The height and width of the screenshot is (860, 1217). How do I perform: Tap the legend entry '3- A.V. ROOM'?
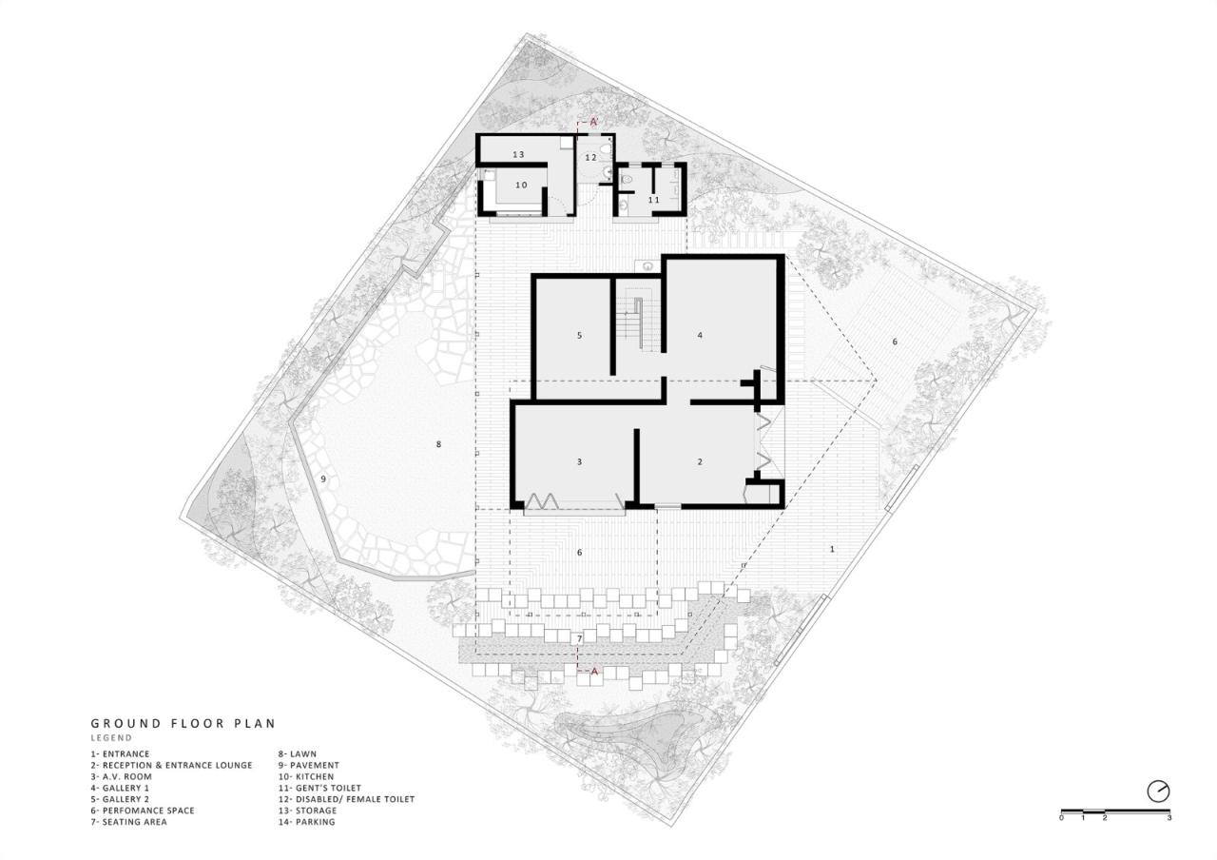[x=121, y=776]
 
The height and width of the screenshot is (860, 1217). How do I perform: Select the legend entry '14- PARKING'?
[x=306, y=822]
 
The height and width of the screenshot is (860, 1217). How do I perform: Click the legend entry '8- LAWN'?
[x=296, y=753]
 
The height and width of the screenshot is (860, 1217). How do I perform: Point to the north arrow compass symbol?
[x=1158, y=791]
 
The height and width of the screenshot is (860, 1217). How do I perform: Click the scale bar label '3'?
[x=1169, y=818]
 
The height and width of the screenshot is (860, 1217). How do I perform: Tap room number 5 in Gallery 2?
[x=579, y=335]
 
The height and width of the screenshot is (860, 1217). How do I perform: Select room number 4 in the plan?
[x=700, y=335]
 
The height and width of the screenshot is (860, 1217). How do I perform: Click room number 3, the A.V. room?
[x=579, y=462]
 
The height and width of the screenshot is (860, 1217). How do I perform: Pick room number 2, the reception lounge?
[x=700, y=462]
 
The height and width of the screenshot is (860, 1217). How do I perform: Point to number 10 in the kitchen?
[x=521, y=185]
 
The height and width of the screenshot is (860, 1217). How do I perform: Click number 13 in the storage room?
[x=518, y=154]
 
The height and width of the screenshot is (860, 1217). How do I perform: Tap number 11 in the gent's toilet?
[x=653, y=200]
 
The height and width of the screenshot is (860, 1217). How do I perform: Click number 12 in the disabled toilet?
[x=590, y=157]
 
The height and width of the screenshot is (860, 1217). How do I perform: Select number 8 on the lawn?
[x=438, y=444]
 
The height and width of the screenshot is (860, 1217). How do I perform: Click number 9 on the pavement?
[x=323, y=479]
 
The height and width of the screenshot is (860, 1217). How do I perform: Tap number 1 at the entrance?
[x=832, y=549]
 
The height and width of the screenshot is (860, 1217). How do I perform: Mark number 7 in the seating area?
[x=578, y=636]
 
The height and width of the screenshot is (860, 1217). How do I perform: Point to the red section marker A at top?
[x=593, y=122]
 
